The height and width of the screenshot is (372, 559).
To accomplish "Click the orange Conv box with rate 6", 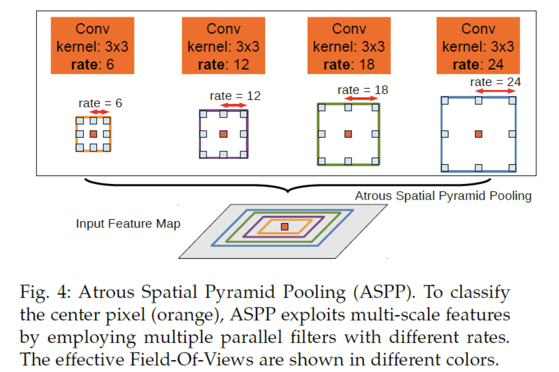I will click(x=92, y=45).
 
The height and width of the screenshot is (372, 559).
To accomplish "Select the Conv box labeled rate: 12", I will click(x=223, y=45).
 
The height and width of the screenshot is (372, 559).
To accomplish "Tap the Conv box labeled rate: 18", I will click(x=349, y=45).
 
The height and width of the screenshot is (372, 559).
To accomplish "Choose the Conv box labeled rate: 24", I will click(x=478, y=45).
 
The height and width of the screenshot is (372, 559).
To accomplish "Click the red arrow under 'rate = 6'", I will click(x=99, y=112).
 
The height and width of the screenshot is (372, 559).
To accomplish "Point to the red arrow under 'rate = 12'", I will click(x=234, y=105).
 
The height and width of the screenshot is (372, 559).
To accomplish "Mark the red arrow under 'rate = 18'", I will click(x=361, y=98).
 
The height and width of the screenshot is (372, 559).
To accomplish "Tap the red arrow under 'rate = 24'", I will click(x=495, y=91).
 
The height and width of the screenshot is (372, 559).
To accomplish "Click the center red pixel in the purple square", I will click(x=223, y=134).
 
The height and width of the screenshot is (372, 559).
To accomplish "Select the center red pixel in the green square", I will click(x=348, y=134).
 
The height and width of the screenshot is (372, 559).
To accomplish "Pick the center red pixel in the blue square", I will click(x=478, y=134).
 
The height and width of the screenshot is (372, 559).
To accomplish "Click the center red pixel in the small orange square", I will click(x=93, y=134).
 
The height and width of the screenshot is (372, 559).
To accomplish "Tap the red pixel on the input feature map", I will click(x=285, y=227).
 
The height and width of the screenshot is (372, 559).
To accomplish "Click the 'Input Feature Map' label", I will click(x=128, y=224).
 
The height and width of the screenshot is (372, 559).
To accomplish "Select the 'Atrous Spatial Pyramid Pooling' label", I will click(x=443, y=196).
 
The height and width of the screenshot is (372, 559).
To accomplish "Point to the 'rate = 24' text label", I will click(x=495, y=82).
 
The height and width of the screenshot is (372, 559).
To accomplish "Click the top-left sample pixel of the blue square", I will click(x=445, y=101).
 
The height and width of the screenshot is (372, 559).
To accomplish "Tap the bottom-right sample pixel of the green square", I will click(x=375, y=161).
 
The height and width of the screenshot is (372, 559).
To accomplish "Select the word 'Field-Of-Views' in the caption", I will click(x=192, y=360).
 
